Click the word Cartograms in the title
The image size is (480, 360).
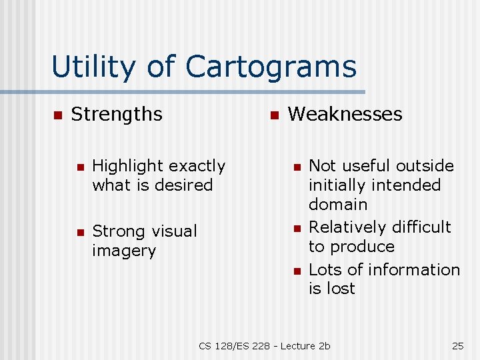tap(271, 67)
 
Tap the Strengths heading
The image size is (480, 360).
tap(117, 114)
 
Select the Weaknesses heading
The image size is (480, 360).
tap(345, 114)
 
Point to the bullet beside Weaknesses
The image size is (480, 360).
tap(273, 115)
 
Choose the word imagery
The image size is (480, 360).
tap(124, 251)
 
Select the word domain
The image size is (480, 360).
tap(338, 204)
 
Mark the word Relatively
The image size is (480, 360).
tap(348, 227)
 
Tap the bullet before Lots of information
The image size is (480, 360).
tap(297, 271)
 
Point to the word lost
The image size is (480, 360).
tap(341, 289)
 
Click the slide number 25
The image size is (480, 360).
tap(458, 345)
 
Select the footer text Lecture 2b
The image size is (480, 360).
tap(305, 345)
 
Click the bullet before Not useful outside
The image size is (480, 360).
tap(297, 167)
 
